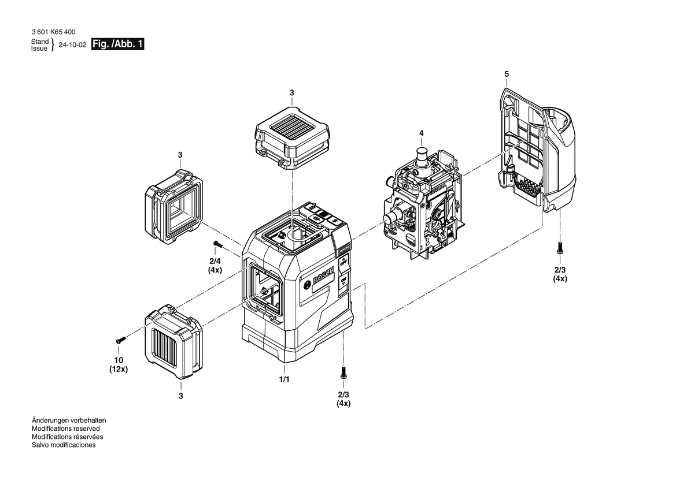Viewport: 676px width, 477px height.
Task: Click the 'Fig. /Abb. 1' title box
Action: click(x=117, y=44)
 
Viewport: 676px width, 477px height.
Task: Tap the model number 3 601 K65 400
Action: click(x=53, y=32)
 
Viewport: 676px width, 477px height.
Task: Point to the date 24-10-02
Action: click(x=72, y=45)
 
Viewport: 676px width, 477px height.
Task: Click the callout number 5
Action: click(x=507, y=74)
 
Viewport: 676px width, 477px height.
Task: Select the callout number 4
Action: click(x=421, y=133)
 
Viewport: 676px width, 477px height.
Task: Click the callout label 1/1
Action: click(x=285, y=379)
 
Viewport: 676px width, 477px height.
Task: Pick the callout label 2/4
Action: click(x=215, y=261)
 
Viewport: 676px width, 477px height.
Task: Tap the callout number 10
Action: click(x=119, y=360)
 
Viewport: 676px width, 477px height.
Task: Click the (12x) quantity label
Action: click(x=119, y=369)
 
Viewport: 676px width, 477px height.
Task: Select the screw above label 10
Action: click(x=120, y=340)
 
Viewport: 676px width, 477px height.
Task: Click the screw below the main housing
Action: click(x=343, y=372)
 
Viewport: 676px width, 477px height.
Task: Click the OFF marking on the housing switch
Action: click(x=343, y=263)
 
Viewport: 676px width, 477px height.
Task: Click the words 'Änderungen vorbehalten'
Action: click(x=69, y=420)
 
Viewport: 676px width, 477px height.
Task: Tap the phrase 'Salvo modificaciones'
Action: click(x=64, y=445)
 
